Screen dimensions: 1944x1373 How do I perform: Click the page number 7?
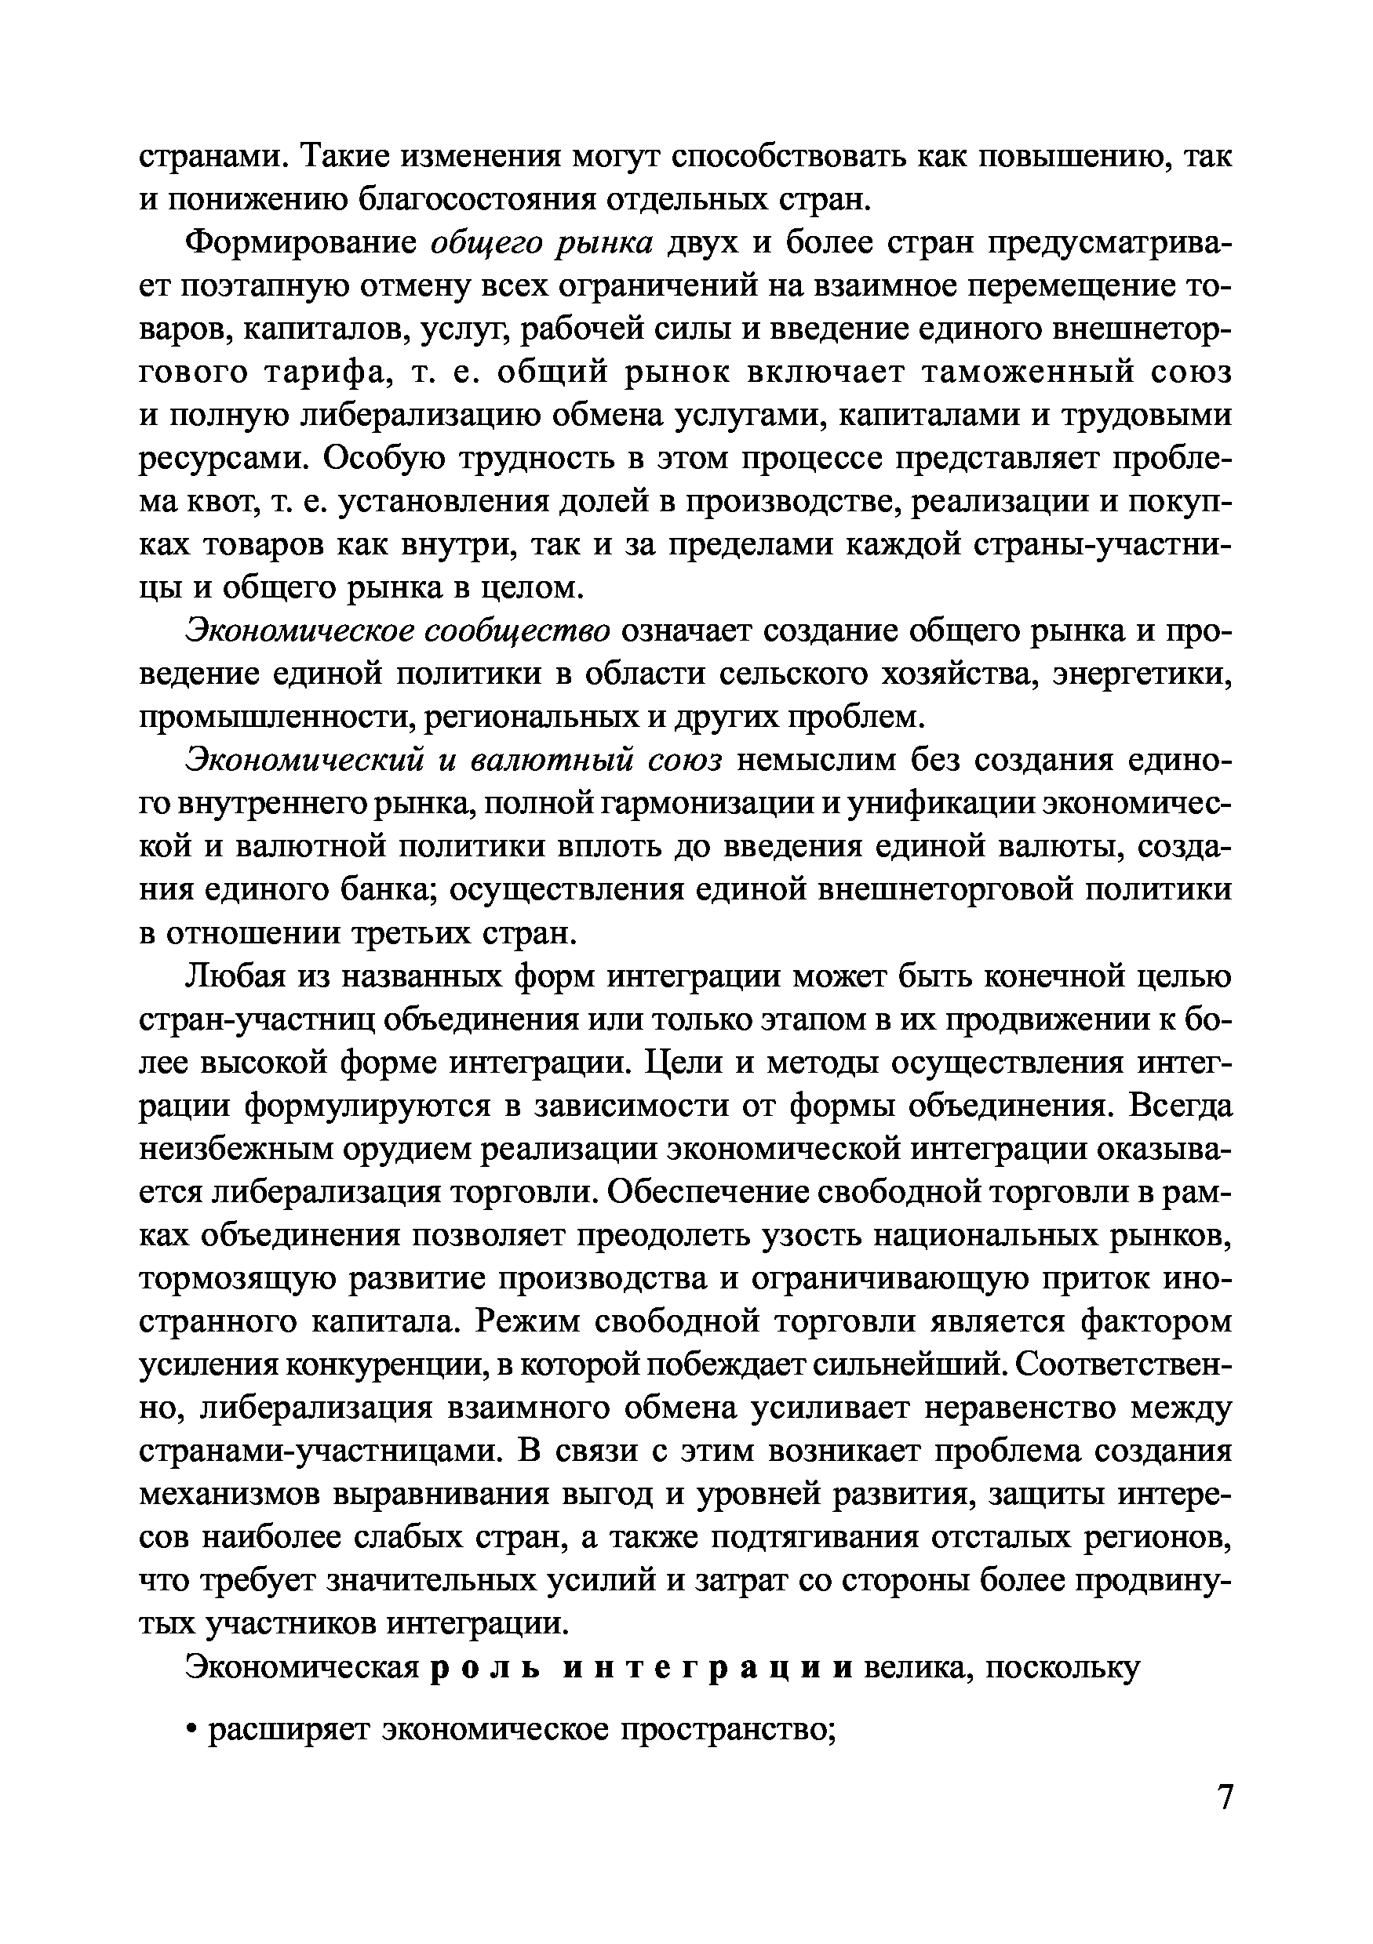pyautogui.click(x=1224, y=1819)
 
